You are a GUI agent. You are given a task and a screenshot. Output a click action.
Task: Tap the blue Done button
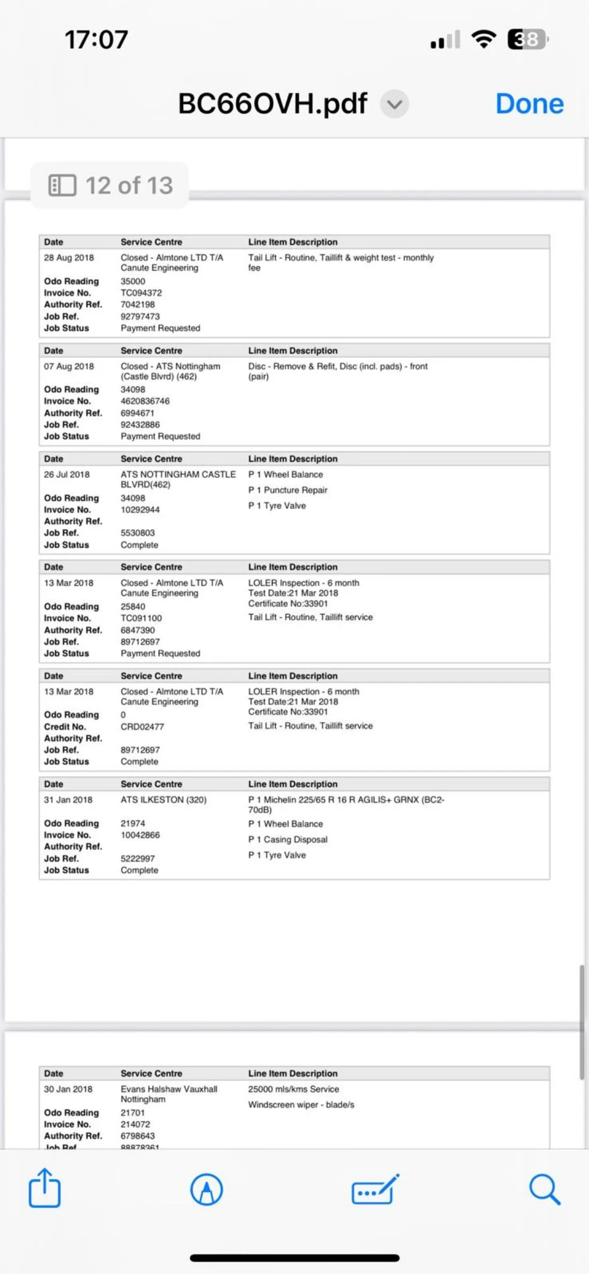tap(529, 104)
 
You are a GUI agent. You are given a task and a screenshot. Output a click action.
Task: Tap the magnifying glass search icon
tap(544, 1189)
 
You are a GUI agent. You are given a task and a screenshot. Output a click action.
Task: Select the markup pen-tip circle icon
tap(207, 1189)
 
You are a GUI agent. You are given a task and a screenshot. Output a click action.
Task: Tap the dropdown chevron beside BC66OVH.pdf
tap(394, 104)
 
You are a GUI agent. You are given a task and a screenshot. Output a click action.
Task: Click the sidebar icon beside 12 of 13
tap(62, 185)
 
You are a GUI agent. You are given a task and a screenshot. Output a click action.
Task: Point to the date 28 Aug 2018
tap(69, 258)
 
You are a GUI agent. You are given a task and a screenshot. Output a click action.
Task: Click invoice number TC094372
tap(141, 293)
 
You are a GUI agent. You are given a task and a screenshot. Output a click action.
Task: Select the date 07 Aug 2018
tap(69, 366)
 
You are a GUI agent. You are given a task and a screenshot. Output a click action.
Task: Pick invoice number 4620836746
tap(145, 401)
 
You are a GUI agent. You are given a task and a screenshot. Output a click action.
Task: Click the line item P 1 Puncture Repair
tap(288, 490)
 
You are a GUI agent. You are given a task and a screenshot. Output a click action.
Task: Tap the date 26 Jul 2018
tap(67, 475)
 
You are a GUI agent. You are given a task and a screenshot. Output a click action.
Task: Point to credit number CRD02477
tap(142, 727)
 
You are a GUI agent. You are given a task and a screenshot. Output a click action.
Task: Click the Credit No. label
tap(65, 727)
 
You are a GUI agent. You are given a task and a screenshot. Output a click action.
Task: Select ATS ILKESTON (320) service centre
tap(164, 800)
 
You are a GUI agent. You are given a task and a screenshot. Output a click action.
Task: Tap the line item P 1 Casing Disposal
tap(288, 840)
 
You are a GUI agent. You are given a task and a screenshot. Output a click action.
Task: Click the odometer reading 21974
tap(133, 823)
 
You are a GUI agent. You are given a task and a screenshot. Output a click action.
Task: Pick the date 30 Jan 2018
tap(68, 1089)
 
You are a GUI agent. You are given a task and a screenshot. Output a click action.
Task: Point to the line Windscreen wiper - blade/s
tap(301, 1105)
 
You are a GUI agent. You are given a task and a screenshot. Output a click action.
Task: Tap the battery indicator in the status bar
tap(527, 39)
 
